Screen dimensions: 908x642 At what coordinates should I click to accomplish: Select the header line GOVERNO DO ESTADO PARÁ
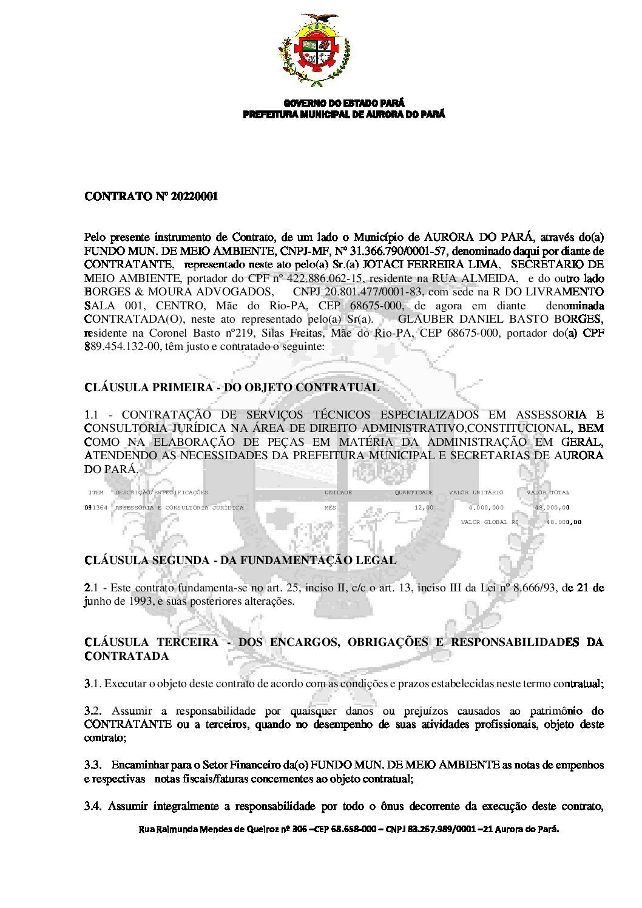pyautogui.click(x=343, y=104)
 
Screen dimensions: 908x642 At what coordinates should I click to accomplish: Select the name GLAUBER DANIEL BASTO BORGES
pyautogui.click(x=499, y=319)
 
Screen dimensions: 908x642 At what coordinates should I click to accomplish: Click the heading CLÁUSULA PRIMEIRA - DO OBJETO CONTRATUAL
pyautogui.click(x=232, y=388)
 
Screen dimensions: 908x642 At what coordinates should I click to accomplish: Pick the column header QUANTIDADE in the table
pyautogui.click(x=414, y=493)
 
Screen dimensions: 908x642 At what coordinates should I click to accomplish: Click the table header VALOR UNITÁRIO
pyautogui.click(x=476, y=493)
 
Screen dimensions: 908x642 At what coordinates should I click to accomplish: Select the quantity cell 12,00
pyautogui.click(x=424, y=508)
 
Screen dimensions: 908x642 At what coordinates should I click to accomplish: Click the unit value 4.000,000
pyautogui.click(x=485, y=508)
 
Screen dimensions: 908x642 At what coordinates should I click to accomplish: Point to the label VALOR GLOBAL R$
pyautogui.click(x=489, y=522)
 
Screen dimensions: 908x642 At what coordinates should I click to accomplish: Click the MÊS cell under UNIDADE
pyautogui.click(x=329, y=508)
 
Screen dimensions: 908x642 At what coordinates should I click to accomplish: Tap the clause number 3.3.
pyautogui.click(x=92, y=765)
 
